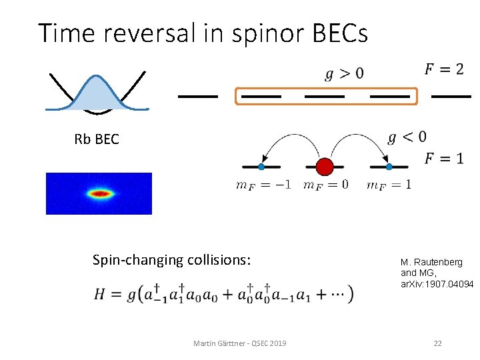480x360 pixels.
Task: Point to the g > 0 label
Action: pyautogui.click(x=344, y=73)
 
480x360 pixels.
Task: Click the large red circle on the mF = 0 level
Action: pyautogui.click(x=325, y=166)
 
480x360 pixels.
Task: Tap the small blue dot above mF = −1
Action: pyautogui.click(x=261, y=166)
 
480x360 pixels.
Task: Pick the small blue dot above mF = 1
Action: pyautogui.click(x=389, y=166)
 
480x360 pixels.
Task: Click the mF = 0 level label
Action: pyautogui.click(x=325, y=185)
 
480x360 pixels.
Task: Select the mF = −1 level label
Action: pyautogui.click(x=263, y=185)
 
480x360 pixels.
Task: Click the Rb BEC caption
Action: pyautogui.click(x=97, y=139)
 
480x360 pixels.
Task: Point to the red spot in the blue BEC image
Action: pyautogui.click(x=99, y=194)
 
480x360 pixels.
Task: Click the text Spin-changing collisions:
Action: pyautogui.click(x=171, y=259)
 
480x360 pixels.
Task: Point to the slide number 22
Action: pyautogui.click(x=437, y=343)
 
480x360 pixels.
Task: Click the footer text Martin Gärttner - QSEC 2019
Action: pyautogui.click(x=239, y=343)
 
